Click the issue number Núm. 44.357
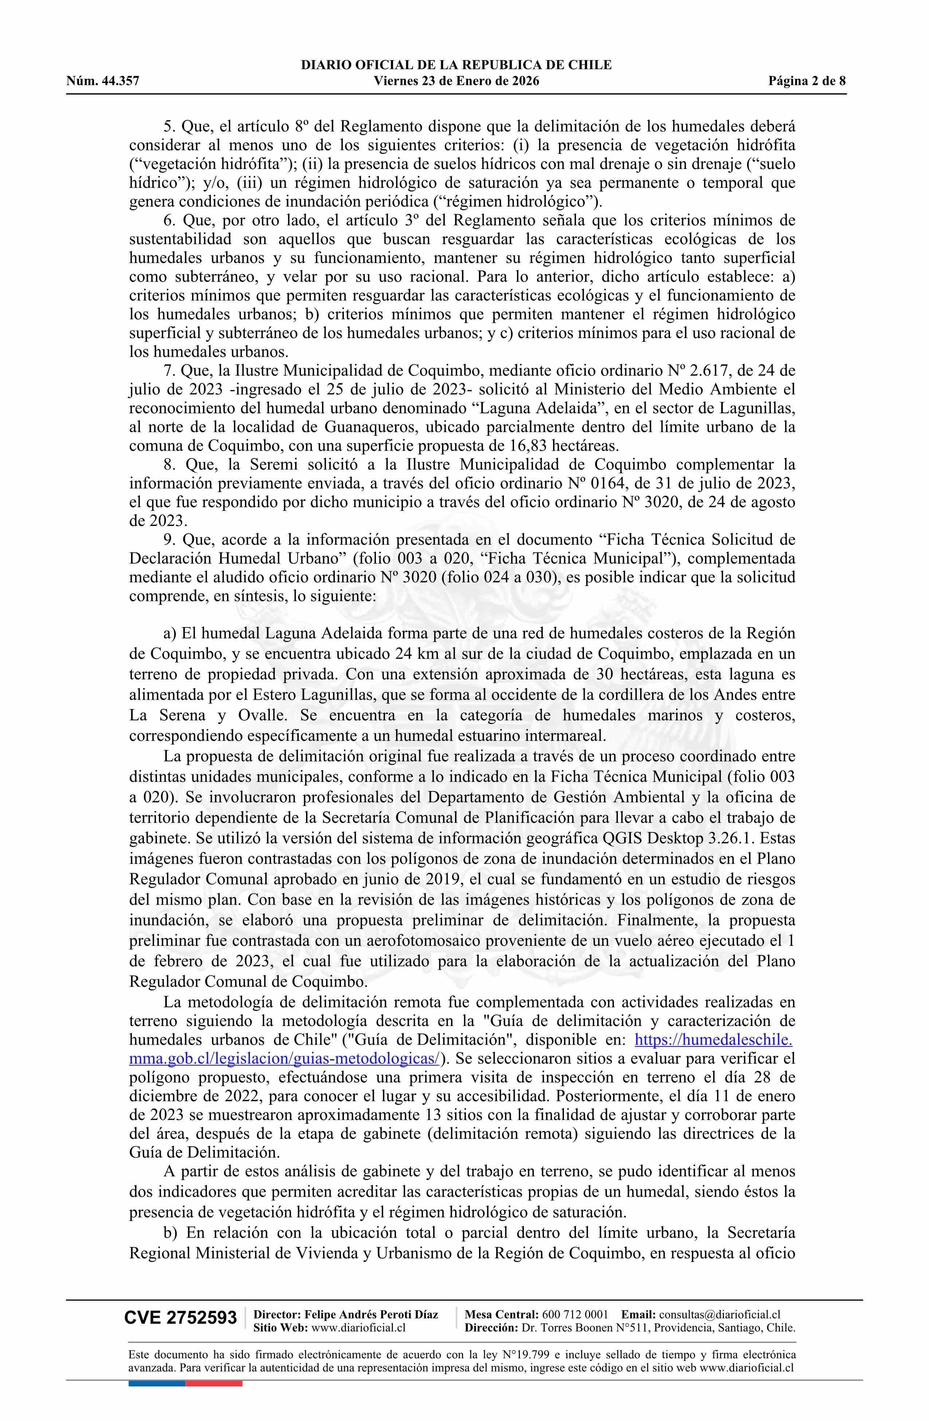pos(103,81)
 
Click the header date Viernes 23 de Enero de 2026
pos(456,81)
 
